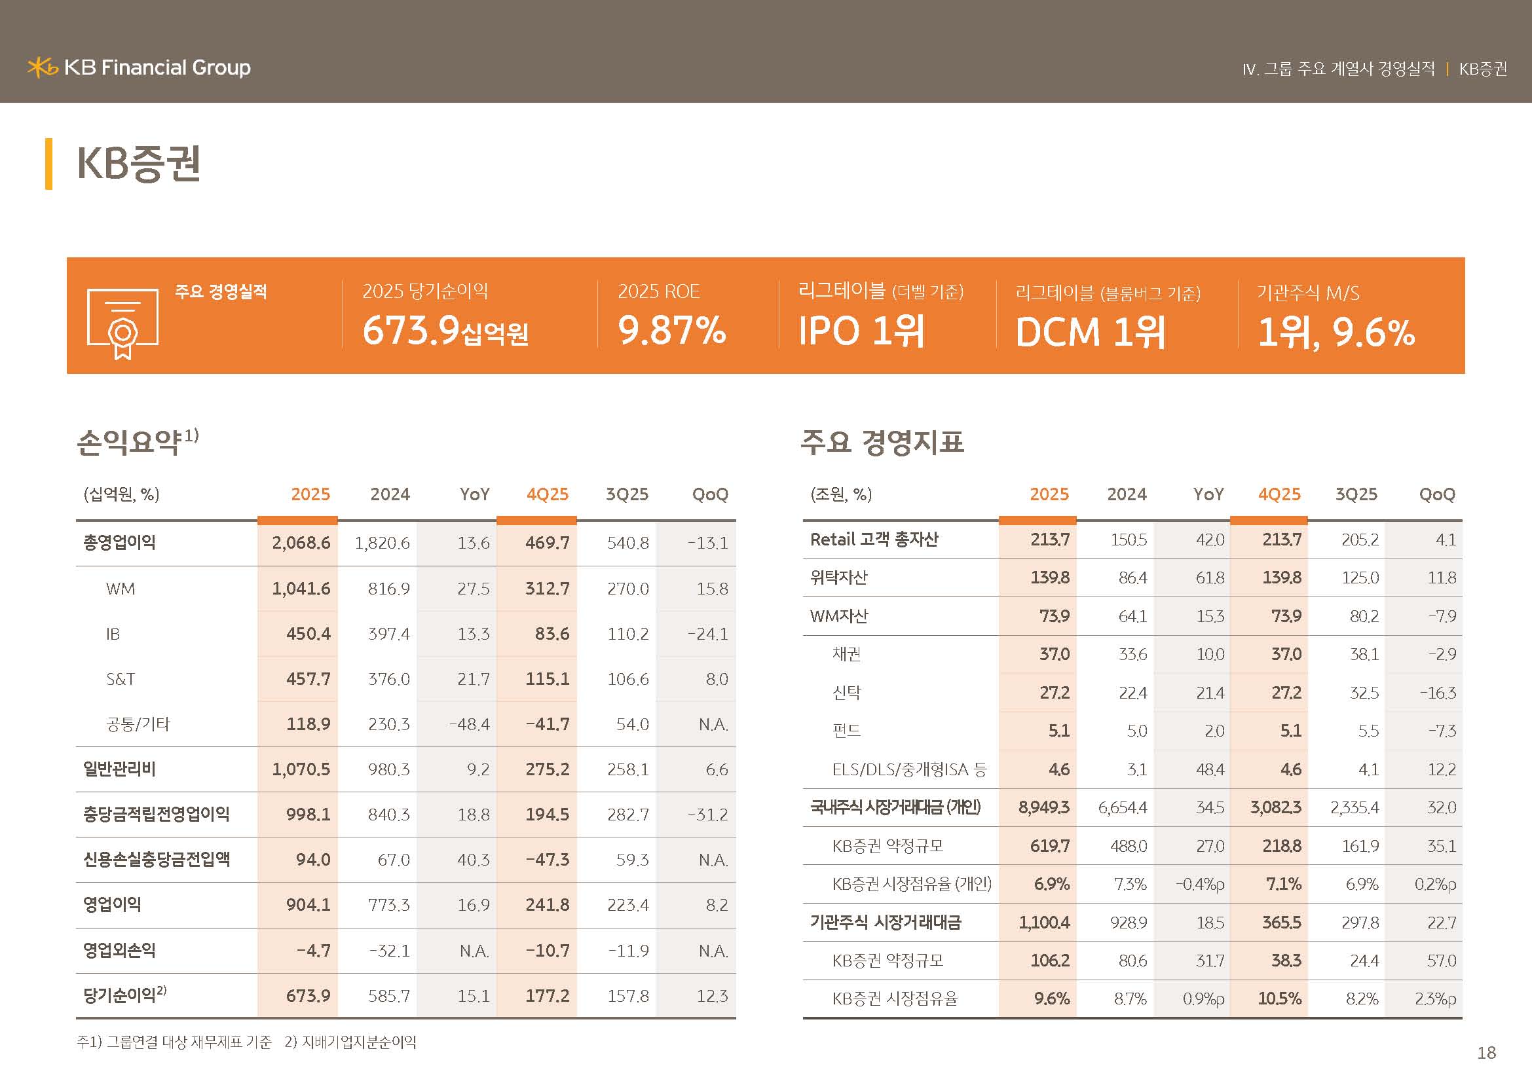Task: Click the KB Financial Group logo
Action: click(x=139, y=67)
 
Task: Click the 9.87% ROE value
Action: click(x=671, y=331)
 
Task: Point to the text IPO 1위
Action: click(x=861, y=331)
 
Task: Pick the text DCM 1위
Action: click(x=1091, y=332)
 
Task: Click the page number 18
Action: click(x=1486, y=1052)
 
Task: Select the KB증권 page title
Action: click(x=139, y=164)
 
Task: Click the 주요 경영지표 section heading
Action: click(x=882, y=441)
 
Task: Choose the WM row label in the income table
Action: click(x=120, y=589)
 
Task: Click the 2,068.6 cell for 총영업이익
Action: click(x=301, y=543)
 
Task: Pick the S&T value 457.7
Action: click(x=308, y=679)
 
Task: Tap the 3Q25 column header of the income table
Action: click(x=627, y=494)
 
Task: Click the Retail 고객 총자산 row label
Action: click(x=874, y=539)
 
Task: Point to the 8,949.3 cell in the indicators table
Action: click(x=1043, y=807)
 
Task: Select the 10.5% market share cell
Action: click(x=1279, y=999)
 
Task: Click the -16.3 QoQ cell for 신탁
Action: click(x=1438, y=693)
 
